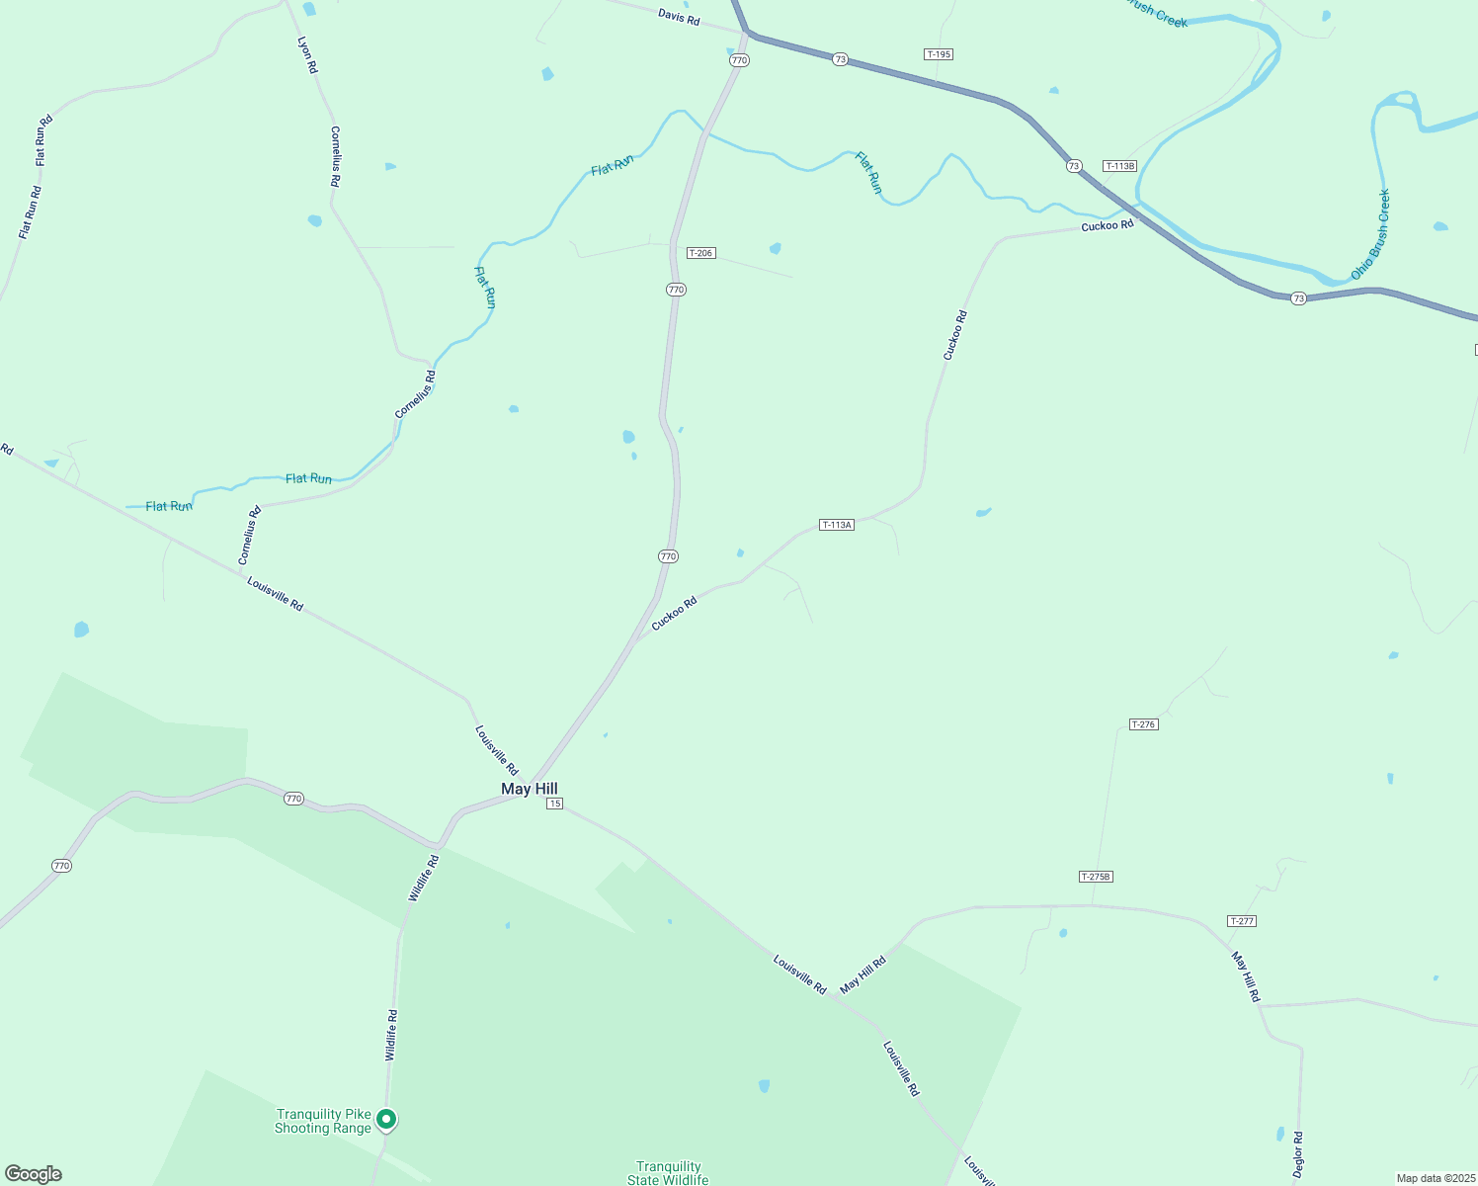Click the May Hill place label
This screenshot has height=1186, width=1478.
530,789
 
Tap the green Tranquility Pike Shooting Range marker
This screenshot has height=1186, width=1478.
387,1119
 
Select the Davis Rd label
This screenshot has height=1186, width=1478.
679,16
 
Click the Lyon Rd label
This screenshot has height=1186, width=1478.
308,55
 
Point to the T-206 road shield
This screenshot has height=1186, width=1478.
700,253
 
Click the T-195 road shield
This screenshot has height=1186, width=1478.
939,54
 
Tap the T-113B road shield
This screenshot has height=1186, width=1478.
1120,166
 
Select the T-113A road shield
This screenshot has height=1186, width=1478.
837,525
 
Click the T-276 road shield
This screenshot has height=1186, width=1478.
1143,724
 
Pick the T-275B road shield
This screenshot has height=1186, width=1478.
1096,877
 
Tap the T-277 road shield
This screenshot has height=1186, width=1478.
1242,921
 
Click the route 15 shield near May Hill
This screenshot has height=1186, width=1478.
555,804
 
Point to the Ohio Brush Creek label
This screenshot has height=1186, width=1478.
1370,234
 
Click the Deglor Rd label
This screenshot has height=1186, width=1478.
1298,1152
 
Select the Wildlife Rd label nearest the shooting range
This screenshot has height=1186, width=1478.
391,1036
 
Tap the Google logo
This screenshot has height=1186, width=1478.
33,1174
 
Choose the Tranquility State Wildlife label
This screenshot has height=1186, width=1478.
669,1173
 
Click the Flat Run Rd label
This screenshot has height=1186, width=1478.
30,212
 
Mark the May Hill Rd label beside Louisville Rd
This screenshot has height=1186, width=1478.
862,974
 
